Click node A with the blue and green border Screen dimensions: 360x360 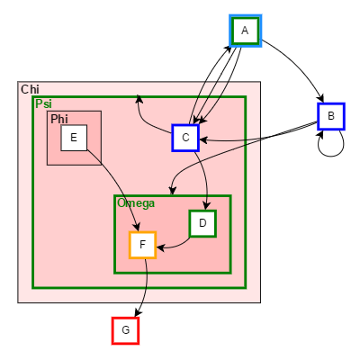pyautogui.click(x=245, y=31)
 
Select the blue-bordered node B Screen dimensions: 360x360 pyautogui.click(x=331, y=116)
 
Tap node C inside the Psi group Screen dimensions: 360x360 pyautogui.click(x=184, y=137)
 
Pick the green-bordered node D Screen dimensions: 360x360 pyautogui.click(x=202, y=222)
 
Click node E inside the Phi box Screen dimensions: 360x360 pyautogui.click(x=73, y=138)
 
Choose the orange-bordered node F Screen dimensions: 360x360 pyautogui.click(x=142, y=245)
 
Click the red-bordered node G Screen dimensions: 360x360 pyautogui.click(x=125, y=330)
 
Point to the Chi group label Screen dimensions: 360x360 pyautogui.click(x=30, y=89)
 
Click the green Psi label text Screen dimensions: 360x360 pyautogui.click(x=43, y=104)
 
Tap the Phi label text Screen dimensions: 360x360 pyautogui.click(x=58, y=119)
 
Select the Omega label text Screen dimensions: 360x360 pyautogui.click(x=136, y=202)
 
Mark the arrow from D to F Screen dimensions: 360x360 pyautogui.click(x=175, y=241)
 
